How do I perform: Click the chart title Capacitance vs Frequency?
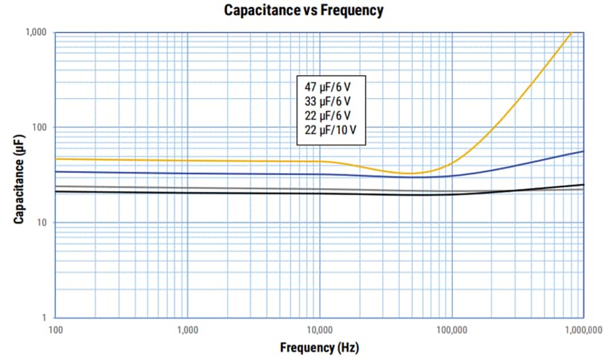303,10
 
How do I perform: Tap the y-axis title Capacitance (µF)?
20,178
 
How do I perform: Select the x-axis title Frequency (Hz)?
319,348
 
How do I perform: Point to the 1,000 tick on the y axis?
36,32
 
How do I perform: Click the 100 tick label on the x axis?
55,330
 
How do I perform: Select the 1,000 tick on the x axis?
187,330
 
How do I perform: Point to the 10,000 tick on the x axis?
319,330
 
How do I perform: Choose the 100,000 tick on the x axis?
451,330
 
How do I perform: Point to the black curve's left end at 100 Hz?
56,192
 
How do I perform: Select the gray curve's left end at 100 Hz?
56,186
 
